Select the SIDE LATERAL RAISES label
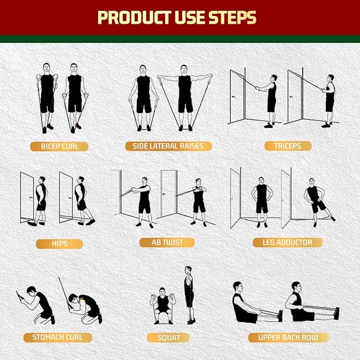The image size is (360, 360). tap(168, 146)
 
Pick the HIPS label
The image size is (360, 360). tap(59, 243)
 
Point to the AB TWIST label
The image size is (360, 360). tap(167, 242)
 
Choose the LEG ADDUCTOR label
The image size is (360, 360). tap(287, 242)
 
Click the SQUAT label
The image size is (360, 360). tap(169, 337)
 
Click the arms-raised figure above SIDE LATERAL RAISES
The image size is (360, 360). tap(185, 95)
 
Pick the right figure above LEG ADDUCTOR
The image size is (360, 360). tap(316, 201)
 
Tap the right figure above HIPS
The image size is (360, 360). tap(82, 199)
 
